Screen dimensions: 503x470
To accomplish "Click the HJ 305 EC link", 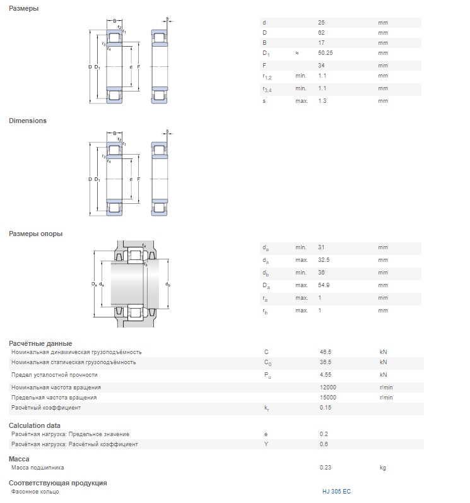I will click(x=336, y=491).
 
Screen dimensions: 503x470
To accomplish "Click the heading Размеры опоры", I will click(x=35, y=234).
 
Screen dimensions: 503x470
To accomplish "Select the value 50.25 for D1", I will click(x=326, y=53).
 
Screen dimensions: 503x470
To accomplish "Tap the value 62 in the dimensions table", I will click(x=321, y=33).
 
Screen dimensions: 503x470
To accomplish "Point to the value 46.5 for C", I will click(x=326, y=352).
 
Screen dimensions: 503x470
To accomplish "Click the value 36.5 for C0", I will click(x=326, y=362).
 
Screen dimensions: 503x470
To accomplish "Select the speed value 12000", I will click(x=328, y=388).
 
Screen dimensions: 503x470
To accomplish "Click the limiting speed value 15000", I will click(x=328, y=398).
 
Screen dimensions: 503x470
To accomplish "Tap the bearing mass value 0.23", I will click(x=326, y=468).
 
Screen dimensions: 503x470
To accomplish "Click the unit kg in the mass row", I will click(x=382, y=468).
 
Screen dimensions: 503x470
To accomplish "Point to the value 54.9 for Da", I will click(x=324, y=285).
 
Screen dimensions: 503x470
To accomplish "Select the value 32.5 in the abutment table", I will click(x=324, y=260).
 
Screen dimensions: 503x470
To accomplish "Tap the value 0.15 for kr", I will click(x=326, y=408).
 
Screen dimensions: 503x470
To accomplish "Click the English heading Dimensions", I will click(x=28, y=121).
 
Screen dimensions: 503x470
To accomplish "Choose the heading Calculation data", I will click(x=35, y=425).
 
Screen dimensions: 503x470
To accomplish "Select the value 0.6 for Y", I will click(x=324, y=444).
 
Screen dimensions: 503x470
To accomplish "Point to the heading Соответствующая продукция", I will click(x=58, y=483).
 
